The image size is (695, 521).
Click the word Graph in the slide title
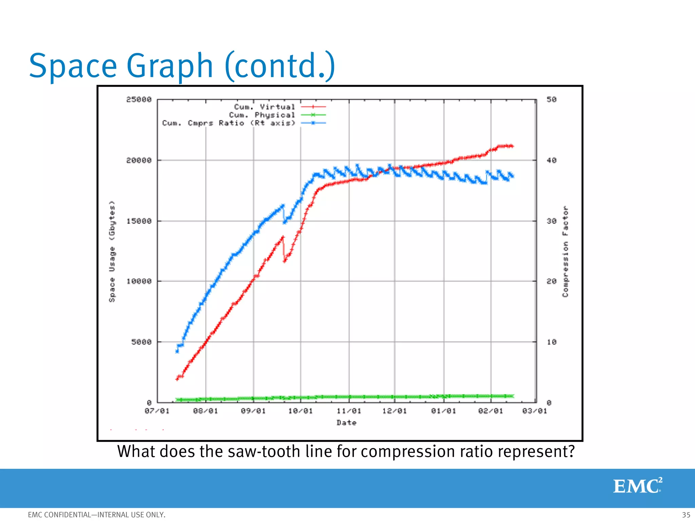coord(170,66)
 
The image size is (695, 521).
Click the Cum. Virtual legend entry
coord(264,107)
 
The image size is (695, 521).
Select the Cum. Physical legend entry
coord(262,115)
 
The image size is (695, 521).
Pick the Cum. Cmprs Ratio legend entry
coord(228,123)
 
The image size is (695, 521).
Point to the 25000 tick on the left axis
coord(139,99)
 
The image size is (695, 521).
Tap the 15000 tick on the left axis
coord(139,221)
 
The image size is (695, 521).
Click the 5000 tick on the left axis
coord(141,342)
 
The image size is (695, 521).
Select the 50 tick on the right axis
coord(551,99)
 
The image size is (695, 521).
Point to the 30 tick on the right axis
coord(551,221)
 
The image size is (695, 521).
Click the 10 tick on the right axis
coord(551,342)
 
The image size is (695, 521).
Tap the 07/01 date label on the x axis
coord(157,411)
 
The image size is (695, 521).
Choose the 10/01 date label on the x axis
coord(300,411)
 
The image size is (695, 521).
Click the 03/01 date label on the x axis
coord(534,411)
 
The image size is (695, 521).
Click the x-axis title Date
coord(346,423)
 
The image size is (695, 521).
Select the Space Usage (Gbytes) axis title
coord(112,251)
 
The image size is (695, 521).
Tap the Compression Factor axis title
coord(565,251)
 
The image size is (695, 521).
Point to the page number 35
coord(686,515)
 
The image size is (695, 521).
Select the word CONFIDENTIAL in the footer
coord(68,515)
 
